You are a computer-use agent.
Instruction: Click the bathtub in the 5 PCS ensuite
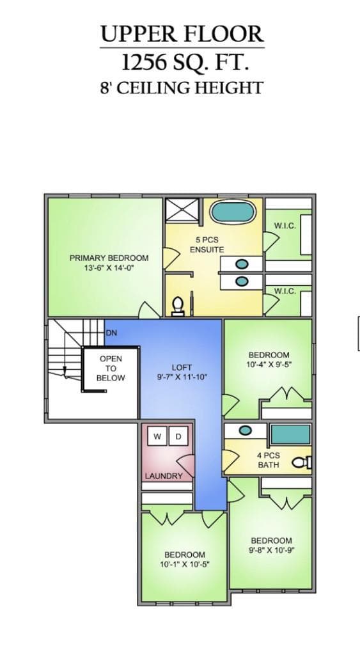coord(233,212)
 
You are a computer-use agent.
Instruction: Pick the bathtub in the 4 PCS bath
coord(291,434)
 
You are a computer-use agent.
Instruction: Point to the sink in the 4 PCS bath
coord(245,430)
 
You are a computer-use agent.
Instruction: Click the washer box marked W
coord(157,436)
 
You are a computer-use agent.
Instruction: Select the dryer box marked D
coord(178,436)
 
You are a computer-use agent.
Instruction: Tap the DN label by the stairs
coord(111,333)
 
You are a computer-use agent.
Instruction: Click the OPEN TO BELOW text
coord(111,368)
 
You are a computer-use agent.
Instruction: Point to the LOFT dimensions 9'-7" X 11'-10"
coord(182,377)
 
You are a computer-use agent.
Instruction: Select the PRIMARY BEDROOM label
coord(109,258)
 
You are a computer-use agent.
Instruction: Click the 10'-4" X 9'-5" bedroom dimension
coord(269,364)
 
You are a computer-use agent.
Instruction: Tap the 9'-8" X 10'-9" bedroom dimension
coord(272,550)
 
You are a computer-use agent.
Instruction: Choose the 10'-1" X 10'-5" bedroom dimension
coord(185,564)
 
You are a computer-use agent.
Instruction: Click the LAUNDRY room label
coord(164,476)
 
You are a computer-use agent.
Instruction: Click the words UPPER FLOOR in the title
coord(182,35)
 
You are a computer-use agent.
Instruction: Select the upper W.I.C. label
coord(285,226)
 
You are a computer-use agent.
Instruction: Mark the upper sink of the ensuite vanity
coord(242,264)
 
